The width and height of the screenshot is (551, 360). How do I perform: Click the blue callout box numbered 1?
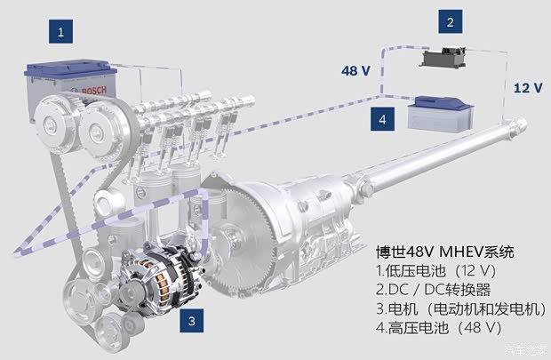[60, 32]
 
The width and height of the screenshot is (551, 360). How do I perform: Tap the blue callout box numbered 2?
[451, 22]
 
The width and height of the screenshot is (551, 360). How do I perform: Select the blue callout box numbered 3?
[191, 321]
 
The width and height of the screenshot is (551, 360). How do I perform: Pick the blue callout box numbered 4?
[382, 119]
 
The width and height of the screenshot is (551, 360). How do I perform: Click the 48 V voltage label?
[355, 70]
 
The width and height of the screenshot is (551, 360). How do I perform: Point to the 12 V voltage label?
[528, 87]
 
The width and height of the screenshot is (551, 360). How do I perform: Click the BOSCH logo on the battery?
[93, 91]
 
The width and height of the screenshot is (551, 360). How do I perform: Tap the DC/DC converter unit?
[443, 58]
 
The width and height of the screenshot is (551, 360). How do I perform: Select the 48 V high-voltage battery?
[441, 115]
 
